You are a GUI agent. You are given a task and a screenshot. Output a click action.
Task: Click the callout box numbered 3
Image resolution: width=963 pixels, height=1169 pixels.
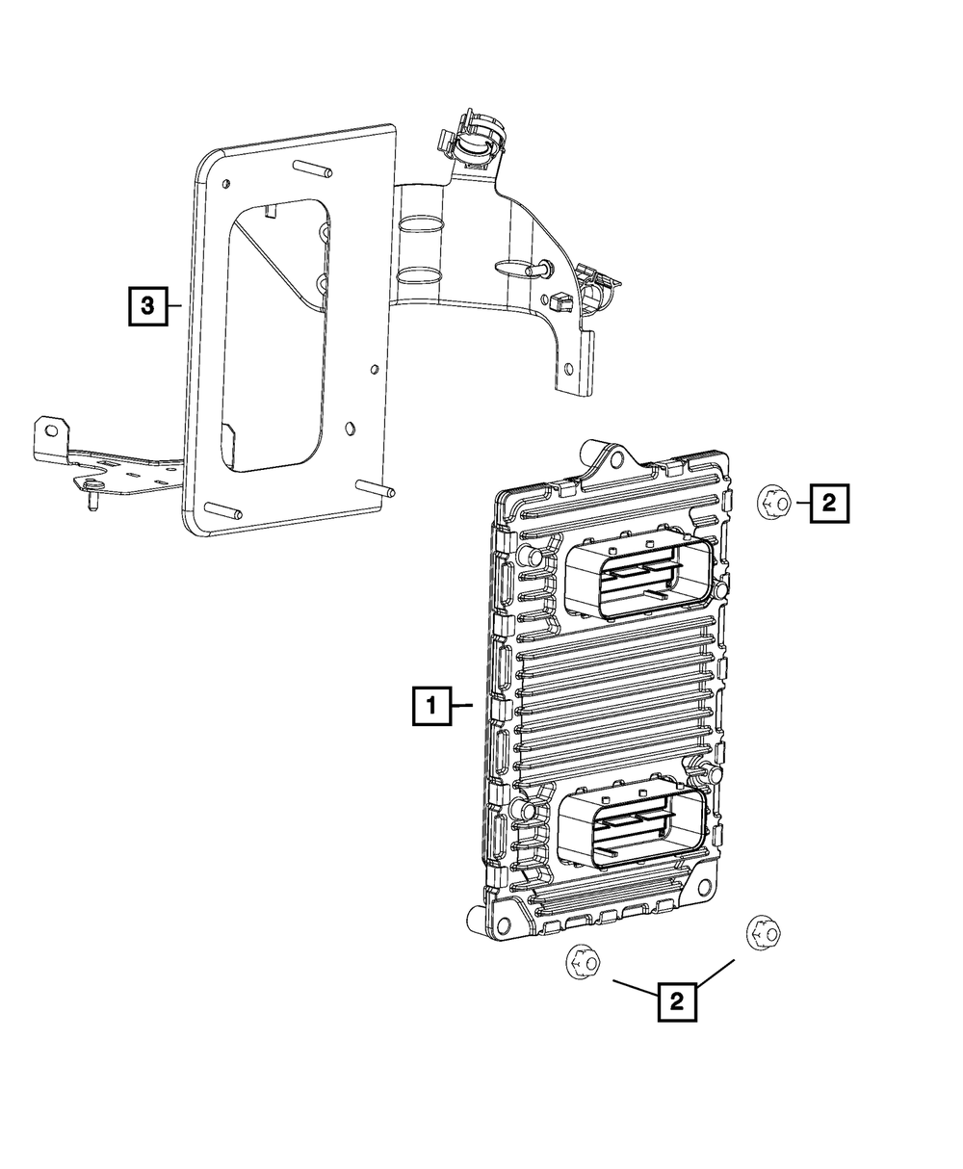coord(147,305)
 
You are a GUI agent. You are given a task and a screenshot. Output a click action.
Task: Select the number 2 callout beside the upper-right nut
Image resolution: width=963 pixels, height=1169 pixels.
coord(829,502)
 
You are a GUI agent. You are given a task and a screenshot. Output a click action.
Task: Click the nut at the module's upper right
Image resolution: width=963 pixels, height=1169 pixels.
coord(772,501)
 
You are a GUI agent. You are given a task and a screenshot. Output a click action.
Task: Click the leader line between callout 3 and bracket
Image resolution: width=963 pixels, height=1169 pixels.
coord(174,305)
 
